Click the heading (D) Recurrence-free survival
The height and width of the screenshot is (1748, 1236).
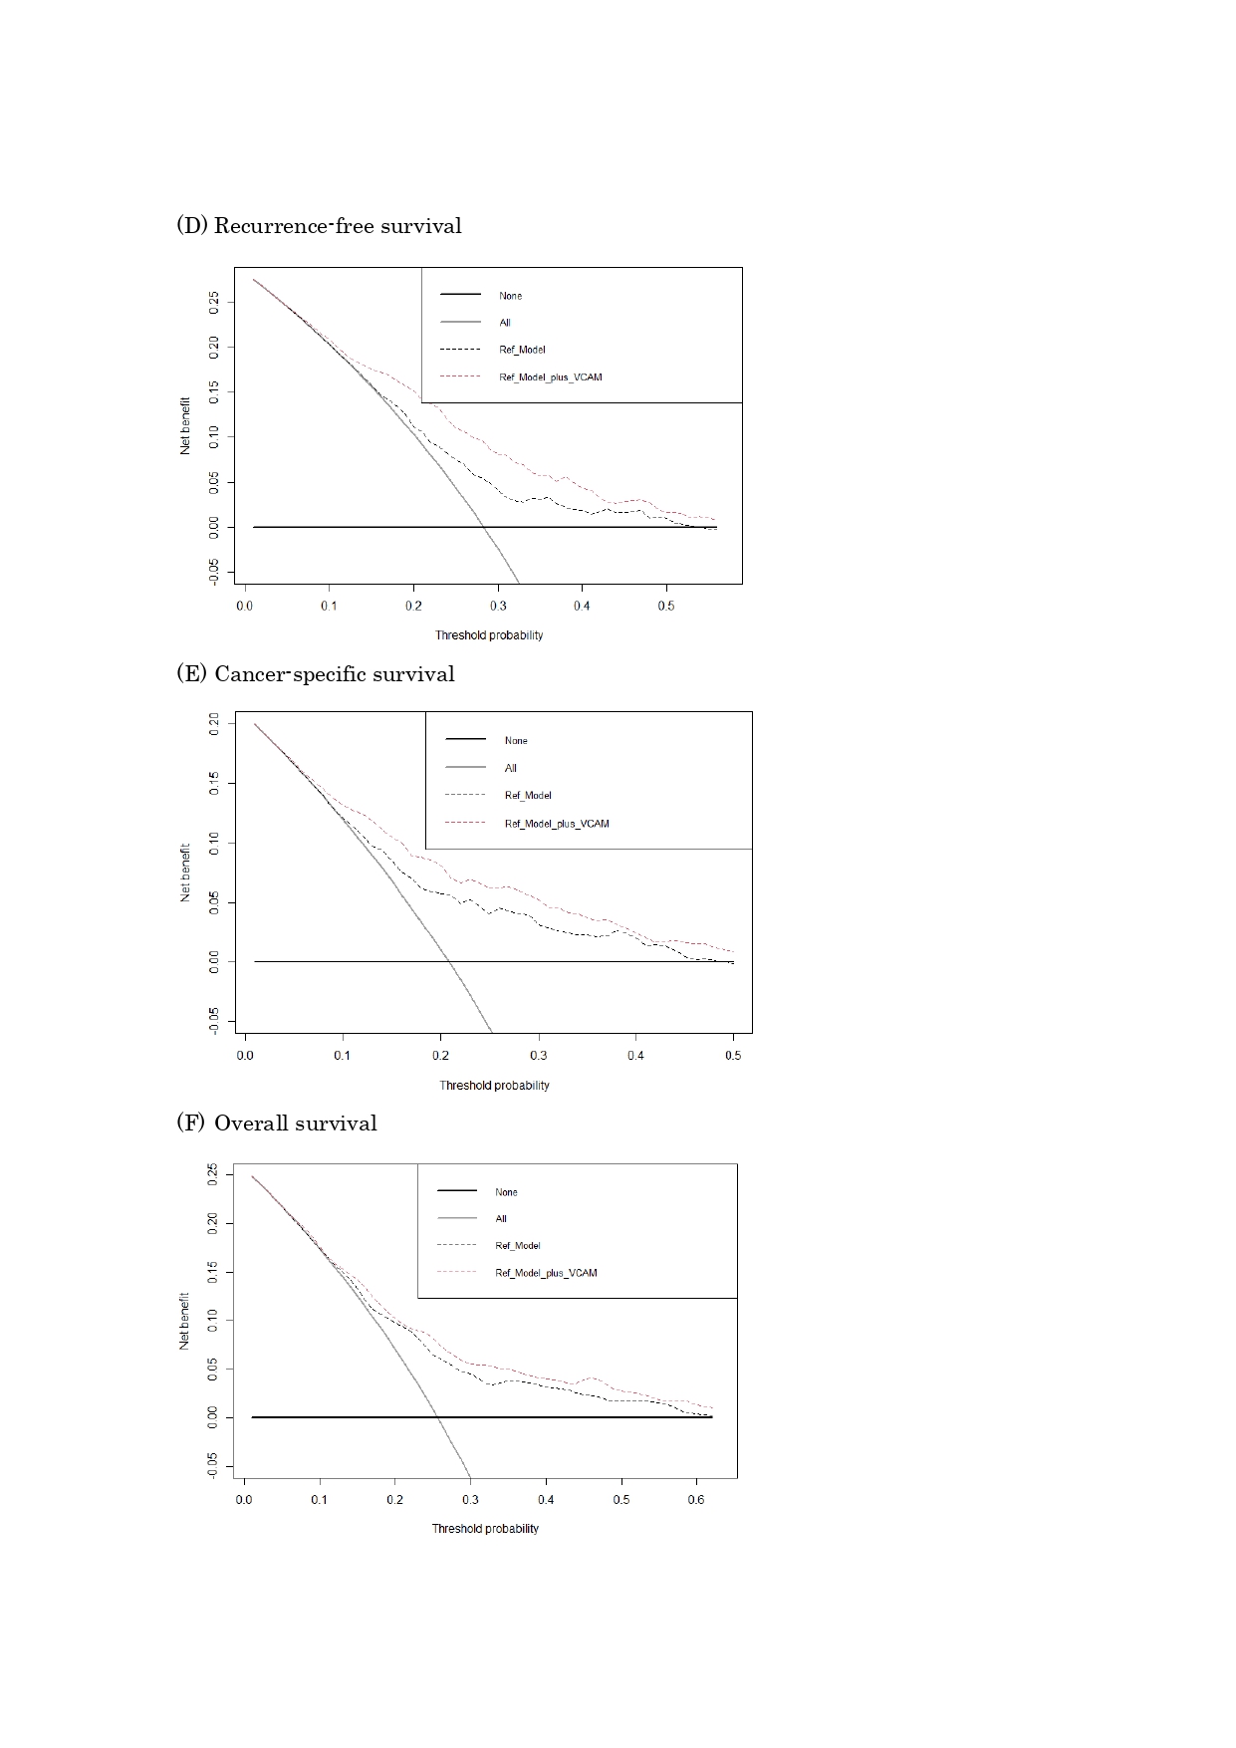point(319,226)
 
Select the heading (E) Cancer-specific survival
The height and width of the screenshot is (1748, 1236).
point(315,674)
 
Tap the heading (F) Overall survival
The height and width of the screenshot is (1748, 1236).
point(277,1124)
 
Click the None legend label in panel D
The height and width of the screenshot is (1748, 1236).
point(510,296)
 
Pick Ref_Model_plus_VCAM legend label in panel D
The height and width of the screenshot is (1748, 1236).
point(550,377)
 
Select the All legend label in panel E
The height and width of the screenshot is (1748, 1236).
point(510,768)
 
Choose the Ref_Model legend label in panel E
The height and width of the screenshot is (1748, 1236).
point(528,796)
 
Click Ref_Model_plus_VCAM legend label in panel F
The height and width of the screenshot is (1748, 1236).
point(546,1273)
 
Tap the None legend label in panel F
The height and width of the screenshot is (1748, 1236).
point(506,1192)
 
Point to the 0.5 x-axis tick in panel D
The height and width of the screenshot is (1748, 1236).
point(666,606)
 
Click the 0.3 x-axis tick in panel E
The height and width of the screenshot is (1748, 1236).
point(538,1056)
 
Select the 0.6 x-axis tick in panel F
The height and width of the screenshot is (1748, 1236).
point(696,1500)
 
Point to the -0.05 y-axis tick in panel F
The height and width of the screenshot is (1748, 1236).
point(212,1465)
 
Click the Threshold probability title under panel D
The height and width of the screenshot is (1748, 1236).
point(489,635)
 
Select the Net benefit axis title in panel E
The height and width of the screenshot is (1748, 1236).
point(185,873)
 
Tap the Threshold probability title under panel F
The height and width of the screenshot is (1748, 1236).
point(485,1529)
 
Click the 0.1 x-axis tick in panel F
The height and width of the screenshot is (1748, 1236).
point(319,1500)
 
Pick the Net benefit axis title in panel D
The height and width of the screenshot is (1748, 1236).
point(185,425)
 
